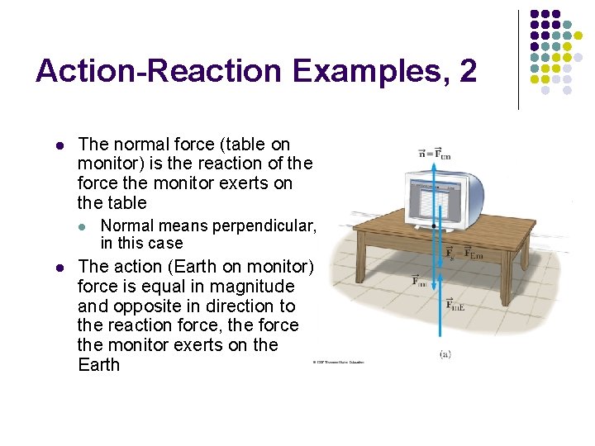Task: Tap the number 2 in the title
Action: pos(467,71)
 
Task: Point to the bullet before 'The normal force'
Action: pos(59,145)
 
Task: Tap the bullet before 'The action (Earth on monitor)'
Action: pos(59,267)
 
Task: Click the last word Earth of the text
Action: pos(98,364)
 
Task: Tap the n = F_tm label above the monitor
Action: pos(435,153)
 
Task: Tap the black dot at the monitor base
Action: pos(435,225)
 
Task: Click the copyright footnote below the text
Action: pos(338,362)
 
